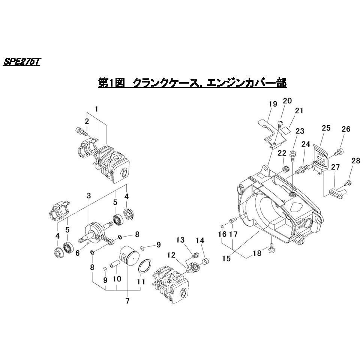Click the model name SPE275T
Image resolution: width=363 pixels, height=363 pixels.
coord(21,62)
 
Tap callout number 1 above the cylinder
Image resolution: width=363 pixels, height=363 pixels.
coord(96,109)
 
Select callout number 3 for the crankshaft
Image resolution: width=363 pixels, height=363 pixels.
coord(88,196)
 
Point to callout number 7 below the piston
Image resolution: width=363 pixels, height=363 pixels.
coord(127,300)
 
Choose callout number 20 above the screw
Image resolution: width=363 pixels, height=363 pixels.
coord(287,100)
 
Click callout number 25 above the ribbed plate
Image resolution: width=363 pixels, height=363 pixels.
coord(326,128)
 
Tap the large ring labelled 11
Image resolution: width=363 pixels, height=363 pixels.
coord(145,267)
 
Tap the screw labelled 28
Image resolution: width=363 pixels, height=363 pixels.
coord(348,183)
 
